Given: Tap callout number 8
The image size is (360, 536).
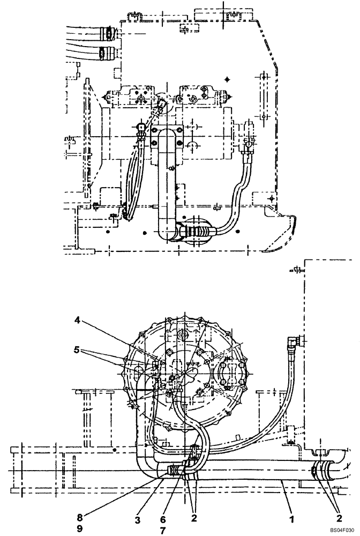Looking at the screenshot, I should click(x=79, y=517).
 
